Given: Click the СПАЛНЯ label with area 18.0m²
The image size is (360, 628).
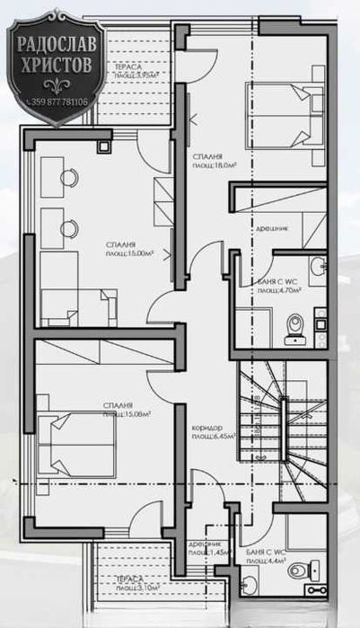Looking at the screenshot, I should coord(213,161).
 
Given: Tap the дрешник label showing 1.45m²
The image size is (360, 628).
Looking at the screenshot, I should coord(209,550).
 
